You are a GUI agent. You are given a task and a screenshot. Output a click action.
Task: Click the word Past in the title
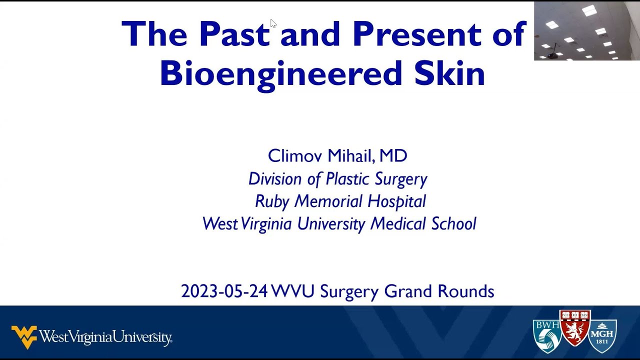234,34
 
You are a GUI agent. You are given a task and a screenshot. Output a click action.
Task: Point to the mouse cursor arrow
273,23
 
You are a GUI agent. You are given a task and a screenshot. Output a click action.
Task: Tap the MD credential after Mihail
393,156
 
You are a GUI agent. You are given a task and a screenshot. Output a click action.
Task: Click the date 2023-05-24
224,291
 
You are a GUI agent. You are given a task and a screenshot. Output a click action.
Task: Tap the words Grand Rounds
439,291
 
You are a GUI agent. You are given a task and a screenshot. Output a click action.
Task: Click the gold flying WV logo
24,336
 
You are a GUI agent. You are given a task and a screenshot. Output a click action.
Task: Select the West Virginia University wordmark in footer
105,337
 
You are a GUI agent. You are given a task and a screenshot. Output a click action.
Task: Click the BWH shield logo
546,336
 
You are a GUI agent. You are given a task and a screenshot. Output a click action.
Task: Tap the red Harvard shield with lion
574,327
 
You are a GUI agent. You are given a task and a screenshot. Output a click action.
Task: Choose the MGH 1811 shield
602,336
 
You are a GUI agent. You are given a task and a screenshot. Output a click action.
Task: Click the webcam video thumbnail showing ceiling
586,31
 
